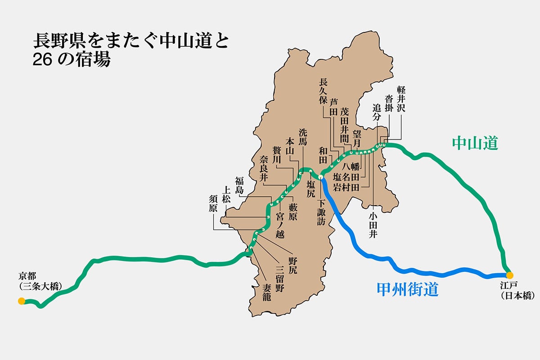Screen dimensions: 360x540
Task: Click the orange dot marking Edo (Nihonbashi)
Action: pos(509,275)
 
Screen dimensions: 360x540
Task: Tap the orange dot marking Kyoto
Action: pos(21,301)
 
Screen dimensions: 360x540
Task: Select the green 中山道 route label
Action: pos(476,143)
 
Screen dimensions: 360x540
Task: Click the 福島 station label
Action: pos(239,185)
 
